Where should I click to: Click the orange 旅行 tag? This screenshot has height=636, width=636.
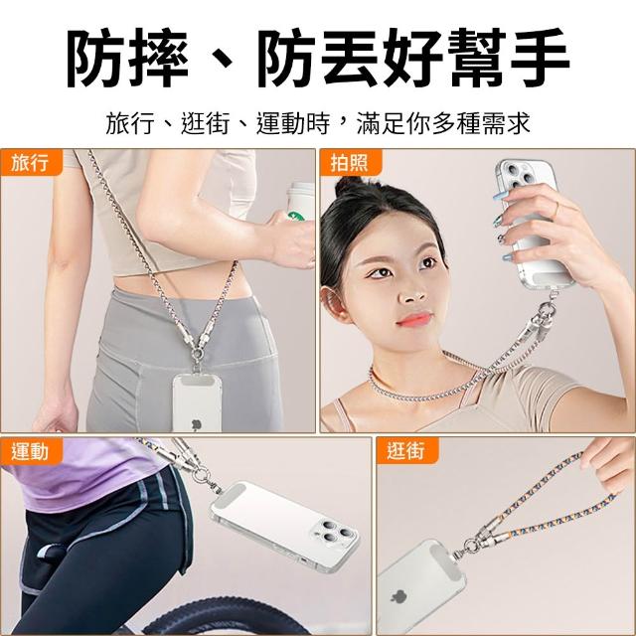tap(31, 162)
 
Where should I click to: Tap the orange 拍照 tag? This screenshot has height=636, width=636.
tap(351, 162)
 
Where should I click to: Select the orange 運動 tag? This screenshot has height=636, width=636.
tap(31, 451)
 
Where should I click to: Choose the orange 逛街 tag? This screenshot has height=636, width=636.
tap(407, 450)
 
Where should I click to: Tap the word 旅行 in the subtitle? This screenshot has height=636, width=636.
tap(130, 123)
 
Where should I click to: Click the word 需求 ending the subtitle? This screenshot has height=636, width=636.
tap(506, 123)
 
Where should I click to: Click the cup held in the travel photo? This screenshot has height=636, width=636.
tap(301, 202)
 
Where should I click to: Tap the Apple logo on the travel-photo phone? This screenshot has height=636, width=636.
tap(197, 424)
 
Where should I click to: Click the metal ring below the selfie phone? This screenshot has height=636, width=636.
tap(548, 309)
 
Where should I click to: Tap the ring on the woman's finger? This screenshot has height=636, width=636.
tap(556, 209)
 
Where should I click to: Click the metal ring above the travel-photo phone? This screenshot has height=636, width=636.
tap(198, 355)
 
